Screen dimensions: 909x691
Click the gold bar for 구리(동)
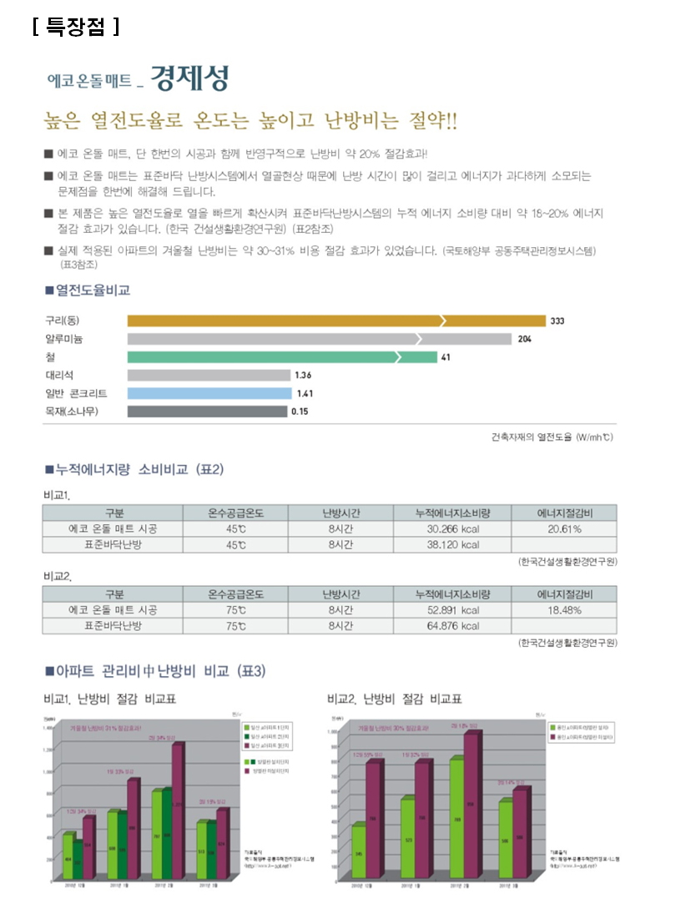pyautogui.click(x=334, y=321)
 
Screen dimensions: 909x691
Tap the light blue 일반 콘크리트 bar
pyautogui.click(x=209, y=393)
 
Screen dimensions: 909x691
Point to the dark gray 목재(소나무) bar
pyautogui.click(x=206, y=412)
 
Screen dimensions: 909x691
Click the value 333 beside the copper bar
pyautogui.click(x=557, y=321)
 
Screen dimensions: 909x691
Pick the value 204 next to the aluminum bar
pyautogui.click(x=524, y=339)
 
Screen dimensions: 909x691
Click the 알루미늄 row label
pyautogui.click(x=64, y=339)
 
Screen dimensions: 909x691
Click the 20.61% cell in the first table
pyautogui.click(x=564, y=529)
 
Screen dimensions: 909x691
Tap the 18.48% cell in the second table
pyautogui.click(x=564, y=610)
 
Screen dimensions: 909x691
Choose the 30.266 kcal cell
pyautogui.click(x=453, y=529)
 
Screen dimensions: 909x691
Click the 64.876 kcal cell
pyautogui.click(x=453, y=626)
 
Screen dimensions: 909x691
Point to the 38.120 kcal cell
pyautogui.click(x=453, y=545)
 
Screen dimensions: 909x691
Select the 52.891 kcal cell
pyautogui.click(x=453, y=610)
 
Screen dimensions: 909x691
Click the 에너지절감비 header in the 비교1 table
pyautogui.click(x=564, y=513)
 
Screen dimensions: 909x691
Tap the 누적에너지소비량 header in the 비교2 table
pyautogui.click(x=453, y=594)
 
